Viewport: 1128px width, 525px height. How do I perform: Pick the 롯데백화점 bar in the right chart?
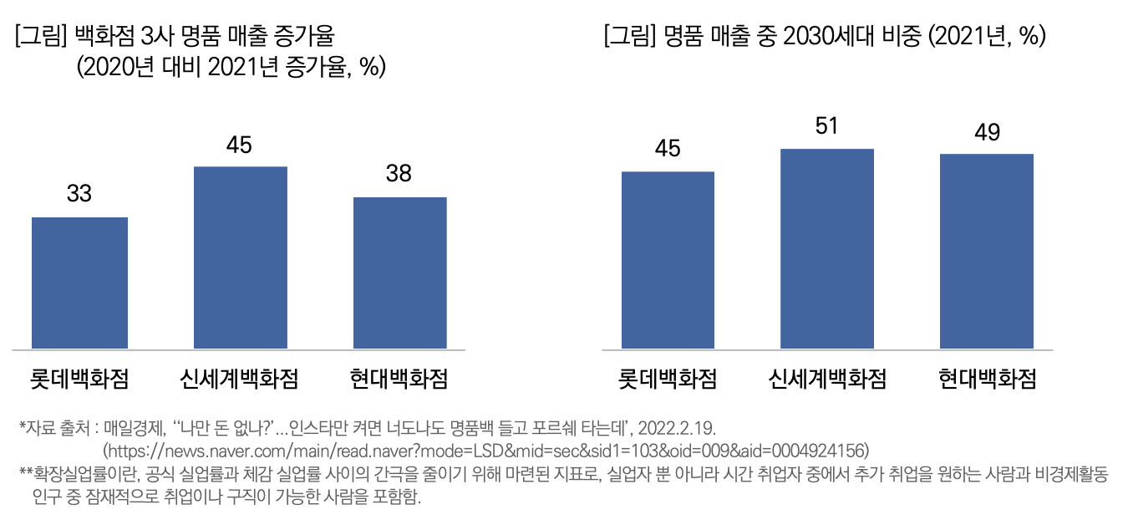[668, 260]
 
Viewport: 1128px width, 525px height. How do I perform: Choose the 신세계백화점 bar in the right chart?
[827, 248]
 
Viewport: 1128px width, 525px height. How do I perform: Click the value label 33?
[79, 194]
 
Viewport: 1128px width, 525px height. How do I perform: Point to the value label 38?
[399, 174]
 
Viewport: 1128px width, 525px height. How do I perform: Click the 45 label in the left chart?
[240, 145]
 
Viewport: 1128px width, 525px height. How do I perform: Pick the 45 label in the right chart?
[668, 149]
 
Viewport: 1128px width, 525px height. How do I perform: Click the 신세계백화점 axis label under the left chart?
[240, 379]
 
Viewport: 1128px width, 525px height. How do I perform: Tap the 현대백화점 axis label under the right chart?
[987, 379]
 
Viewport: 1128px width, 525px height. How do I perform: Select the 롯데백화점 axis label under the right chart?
[668, 379]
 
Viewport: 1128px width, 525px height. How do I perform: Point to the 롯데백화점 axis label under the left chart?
[79, 379]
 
